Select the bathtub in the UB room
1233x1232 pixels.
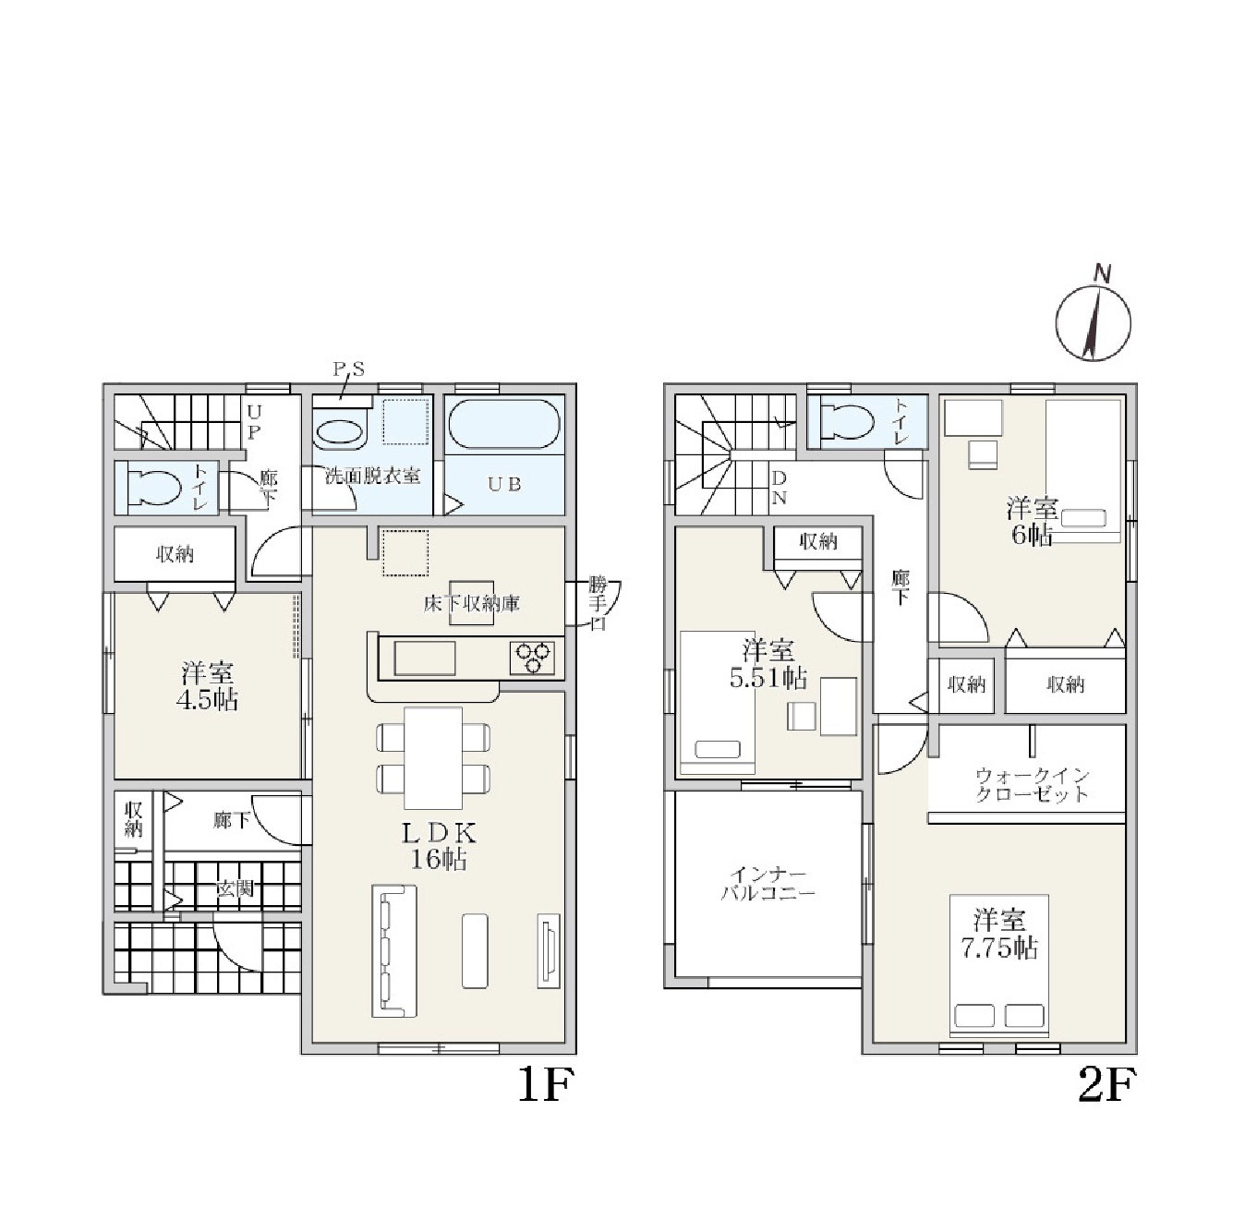(x=504, y=424)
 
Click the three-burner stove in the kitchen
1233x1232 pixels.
(x=532, y=658)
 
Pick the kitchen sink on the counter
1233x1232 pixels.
(x=425, y=658)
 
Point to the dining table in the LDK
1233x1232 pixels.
(x=433, y=758)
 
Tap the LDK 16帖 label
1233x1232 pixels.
(x=439, y=847)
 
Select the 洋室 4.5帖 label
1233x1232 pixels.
(x=207, y=687)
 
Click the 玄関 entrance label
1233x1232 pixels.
(x=235, y=888)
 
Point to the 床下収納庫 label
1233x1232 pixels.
(x=472, y=603)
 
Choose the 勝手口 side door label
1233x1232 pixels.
(x=598, y=603)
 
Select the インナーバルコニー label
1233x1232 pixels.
(x=768, y=884)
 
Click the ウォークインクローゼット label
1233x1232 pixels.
(x=1032, y=785)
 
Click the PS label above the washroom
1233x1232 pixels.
(x=349, y=369)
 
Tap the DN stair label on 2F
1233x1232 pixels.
(x=779, y=488)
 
